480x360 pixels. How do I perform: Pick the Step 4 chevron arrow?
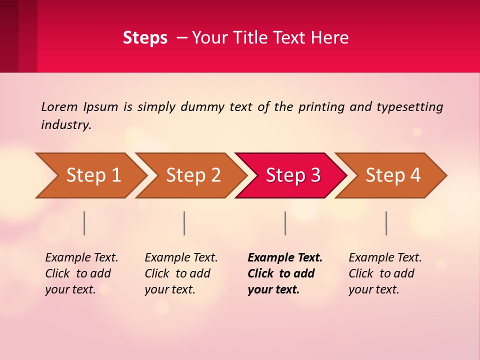(393, 175)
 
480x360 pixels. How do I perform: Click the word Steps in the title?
(145, 38)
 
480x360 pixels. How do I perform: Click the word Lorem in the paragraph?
(59, 106)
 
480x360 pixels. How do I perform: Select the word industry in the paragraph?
(66, 125)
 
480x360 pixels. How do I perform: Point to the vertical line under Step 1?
(84, 223)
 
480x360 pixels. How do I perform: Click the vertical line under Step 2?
(184, 223)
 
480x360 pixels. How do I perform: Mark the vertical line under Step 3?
(285, 223)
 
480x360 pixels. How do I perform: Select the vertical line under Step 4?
(386, 223)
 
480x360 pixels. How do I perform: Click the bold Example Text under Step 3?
(285, 258)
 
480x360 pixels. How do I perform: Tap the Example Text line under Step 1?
(81, 258)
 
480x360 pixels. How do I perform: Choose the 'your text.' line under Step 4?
(374, 289)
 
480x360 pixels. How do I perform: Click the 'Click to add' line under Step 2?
(177, 273)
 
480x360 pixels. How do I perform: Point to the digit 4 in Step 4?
(415, 175)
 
